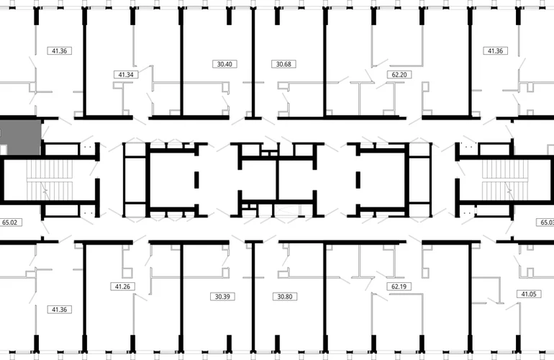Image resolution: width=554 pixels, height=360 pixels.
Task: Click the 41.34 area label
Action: point(126,75)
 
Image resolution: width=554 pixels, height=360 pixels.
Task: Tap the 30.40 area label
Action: point(224,64)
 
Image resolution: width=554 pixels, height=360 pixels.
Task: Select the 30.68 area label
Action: point(283,64)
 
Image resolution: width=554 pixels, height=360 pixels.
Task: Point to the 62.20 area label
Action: point(399,75)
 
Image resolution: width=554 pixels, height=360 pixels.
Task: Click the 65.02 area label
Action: point(10,222)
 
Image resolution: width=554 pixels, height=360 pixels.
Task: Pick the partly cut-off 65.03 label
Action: point(545,222)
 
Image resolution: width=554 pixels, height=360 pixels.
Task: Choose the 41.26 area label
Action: point(122,287)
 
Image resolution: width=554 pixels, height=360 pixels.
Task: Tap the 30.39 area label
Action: point(222,297)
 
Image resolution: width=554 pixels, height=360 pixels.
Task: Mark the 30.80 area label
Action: point(285,297)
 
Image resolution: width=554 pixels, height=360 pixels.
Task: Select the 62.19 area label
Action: point(399,287)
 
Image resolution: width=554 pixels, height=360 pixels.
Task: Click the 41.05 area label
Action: point(529,294)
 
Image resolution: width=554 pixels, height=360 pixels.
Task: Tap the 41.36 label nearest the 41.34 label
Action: point(59,51)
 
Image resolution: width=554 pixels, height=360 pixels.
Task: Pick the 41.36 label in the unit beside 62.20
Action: point(495,51)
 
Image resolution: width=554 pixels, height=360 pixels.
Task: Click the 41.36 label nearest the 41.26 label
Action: point(59,310)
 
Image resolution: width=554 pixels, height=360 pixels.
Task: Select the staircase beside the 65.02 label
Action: point(50,180)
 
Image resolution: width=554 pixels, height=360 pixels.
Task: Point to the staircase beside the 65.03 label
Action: point(504,180)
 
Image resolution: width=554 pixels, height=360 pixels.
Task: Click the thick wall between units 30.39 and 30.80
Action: point(253,297)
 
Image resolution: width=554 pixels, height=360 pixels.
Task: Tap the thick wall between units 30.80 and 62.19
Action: point(325,297)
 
